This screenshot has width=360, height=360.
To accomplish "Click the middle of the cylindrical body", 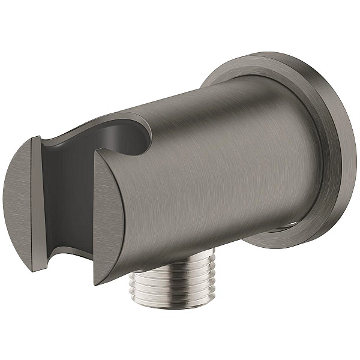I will tap(216, 174).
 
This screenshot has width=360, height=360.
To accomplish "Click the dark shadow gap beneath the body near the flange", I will tap(282, 230).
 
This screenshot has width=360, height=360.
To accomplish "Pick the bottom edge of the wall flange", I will tap(288, 245).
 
